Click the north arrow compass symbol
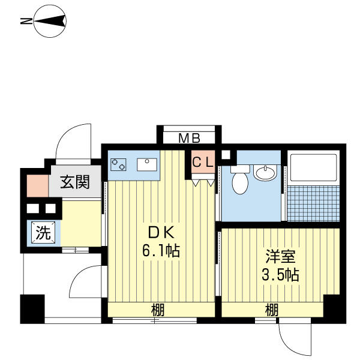(x=50, y=21)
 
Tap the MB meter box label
(x=189, y=139)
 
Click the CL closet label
(x=203, y=163)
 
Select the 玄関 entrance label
(x=74, y=182)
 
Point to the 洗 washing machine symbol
(x=43, y=233)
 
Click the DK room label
(x=161, y=232)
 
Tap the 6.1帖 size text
(x=161, y=250)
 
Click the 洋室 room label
(x=280, y=256)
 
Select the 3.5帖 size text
(x=280, y=275)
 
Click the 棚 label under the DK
(x=158, y=310)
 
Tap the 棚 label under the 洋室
(x=272, y=310)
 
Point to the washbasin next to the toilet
(x=265, y=173)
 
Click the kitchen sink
(x=147, y=164)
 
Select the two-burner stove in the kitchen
(x=118, y=164)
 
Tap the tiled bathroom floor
(x=313, y=203)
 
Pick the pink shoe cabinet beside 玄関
(x=38, y=186)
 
